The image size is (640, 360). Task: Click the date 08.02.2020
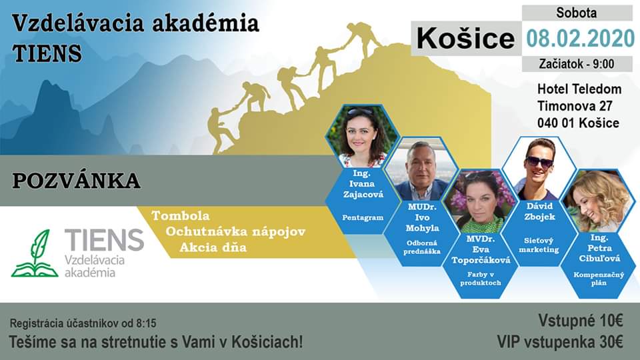(x=580, y=39)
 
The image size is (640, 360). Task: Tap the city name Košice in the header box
(x=465, y=39)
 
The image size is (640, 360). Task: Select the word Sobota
(x=576, y=13)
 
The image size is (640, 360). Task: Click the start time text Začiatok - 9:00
(x=576, y=64)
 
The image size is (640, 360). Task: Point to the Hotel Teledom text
(x=579, y=89)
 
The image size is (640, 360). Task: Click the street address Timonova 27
(x=575, y=106)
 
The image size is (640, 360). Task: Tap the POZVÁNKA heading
(x=76, y=181)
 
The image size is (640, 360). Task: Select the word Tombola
(x=181, y=215)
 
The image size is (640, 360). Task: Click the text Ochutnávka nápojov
(x=235, y=232)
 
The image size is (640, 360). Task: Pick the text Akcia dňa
(x=213, y=247)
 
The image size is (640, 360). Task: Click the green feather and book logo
(x=35, y=253)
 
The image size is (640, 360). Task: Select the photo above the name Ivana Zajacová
(x=362, y=136)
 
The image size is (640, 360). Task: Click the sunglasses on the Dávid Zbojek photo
(x=539, y=162)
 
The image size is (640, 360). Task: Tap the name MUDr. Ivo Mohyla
(x=422, y=217)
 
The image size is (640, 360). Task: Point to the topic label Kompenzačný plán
(x=599, y=279)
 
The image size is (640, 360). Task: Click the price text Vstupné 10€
(x=581, y=321)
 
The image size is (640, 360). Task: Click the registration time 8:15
(x=146, y=324)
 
